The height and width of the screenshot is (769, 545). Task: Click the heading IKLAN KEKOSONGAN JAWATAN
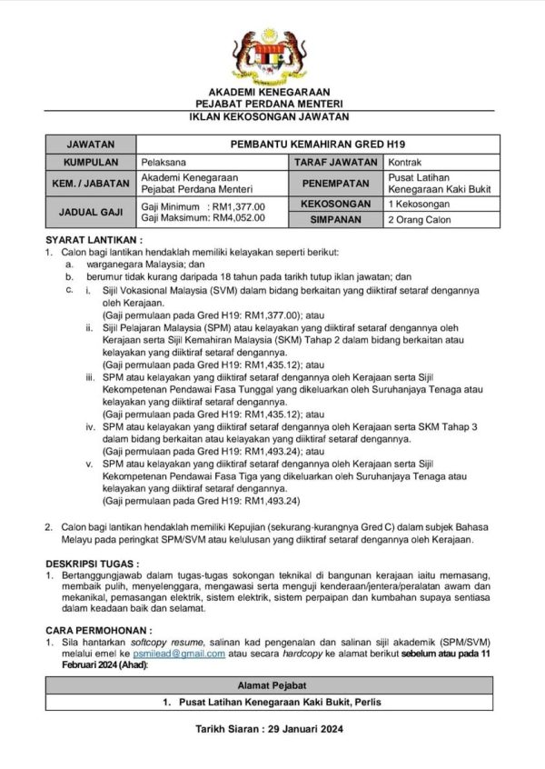(x=272, y=117)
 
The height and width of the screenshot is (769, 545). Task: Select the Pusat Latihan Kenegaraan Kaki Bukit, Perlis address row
(x=272, y=703)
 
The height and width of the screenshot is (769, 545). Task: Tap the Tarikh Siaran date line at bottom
(x=272, y=729)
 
